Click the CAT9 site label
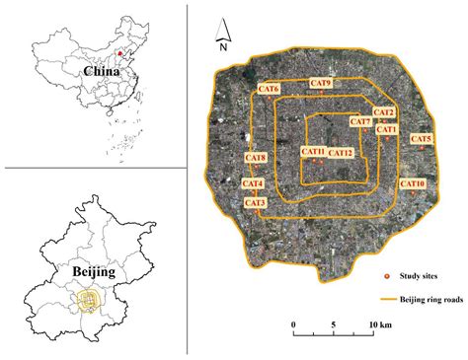(x=320, y=83)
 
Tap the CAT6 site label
(x=269, y=90)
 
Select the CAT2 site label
(x=384, y=113)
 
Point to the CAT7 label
(x=360, y=122)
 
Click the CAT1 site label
(x=384, y=129)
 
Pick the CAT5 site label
(x=421, y=139)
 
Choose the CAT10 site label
(x=413, y=183)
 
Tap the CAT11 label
(x=314, y=152)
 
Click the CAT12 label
(x=341, y=153)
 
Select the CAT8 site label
(x=255, y=158)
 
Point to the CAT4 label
(x=253, y=184)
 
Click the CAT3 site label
(x=254, y=202)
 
